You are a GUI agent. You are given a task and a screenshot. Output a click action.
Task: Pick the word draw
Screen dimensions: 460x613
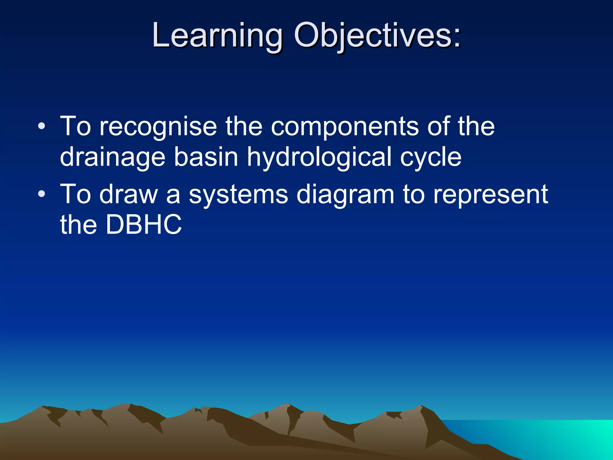[x=129, y=194]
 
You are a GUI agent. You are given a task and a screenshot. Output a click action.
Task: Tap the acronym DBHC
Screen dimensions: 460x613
[x=144, y=225]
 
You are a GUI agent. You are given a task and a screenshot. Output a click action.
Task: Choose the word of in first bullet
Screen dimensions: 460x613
[x=438, y=126]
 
